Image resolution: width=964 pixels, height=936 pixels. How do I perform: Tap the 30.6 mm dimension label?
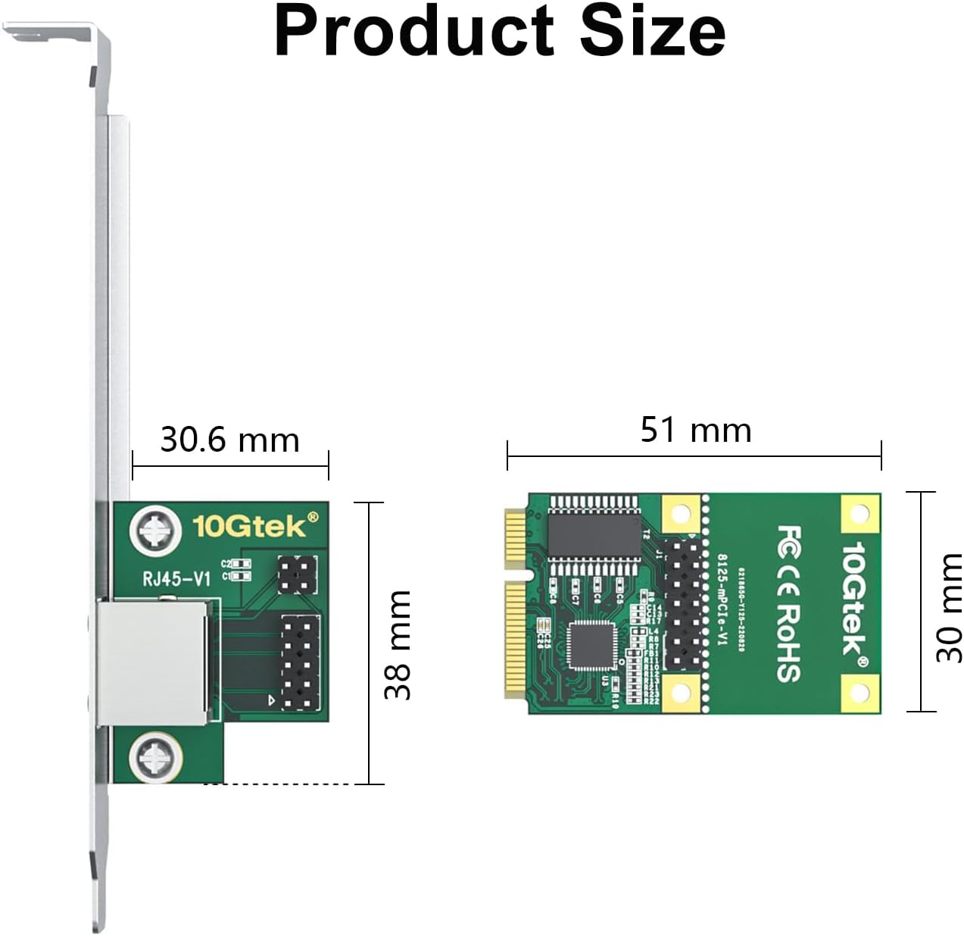(230, 440)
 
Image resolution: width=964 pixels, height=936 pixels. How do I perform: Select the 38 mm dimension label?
(398, 644)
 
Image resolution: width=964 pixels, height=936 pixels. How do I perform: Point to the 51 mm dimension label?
(696, 430)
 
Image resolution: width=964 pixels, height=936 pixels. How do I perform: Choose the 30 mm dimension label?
(948, 607)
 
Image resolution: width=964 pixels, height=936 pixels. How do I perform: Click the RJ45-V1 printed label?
(176, 580)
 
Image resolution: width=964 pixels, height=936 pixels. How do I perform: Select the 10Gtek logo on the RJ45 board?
(255, 525)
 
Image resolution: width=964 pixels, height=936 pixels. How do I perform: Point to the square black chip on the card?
(591, 644)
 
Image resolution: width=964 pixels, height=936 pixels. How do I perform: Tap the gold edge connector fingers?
(515, 606)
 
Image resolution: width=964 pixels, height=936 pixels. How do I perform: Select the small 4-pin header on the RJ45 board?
(296, 575)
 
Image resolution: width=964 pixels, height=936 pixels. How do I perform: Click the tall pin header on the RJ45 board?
(300, 662)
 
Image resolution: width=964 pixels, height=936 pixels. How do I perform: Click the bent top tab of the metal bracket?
(53, 34)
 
